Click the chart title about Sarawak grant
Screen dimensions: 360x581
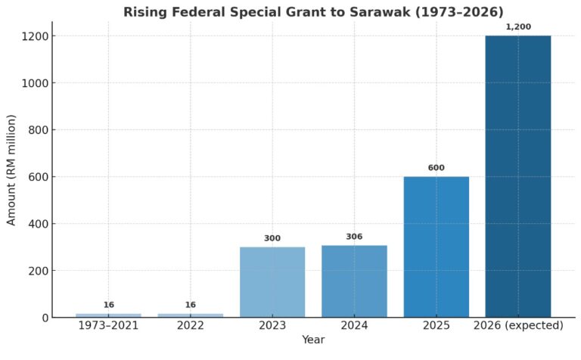point(312,11)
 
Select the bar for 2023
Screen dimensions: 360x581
point(272,281)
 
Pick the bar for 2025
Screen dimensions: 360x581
point(436,247)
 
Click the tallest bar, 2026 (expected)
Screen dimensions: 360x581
point(517,176)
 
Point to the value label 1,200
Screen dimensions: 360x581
point(518,27)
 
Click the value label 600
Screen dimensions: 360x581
point(436,168)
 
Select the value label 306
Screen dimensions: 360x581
point(354,237)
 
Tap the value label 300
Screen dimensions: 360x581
point(272,238)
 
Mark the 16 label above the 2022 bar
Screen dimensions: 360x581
point(191,305)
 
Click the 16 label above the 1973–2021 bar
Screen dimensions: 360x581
point(109,305)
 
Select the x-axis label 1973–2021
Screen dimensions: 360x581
point(109,326)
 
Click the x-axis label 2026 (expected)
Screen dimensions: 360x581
point(518,326)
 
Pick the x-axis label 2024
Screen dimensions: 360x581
point(354,326)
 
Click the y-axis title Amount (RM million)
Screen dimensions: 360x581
point(11,170)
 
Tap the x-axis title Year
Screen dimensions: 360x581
point(312,340)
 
